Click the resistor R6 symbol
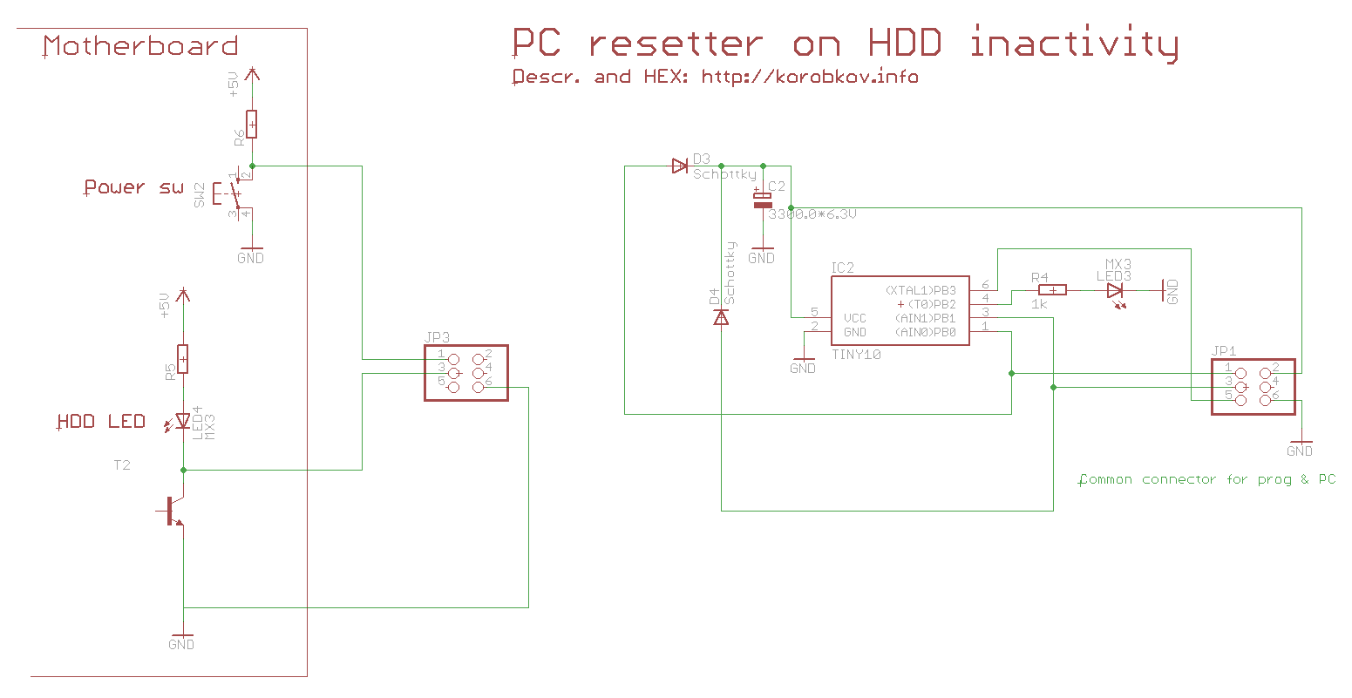click(x=252, y=125)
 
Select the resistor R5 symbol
click(x=182, y=358)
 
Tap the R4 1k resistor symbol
click(x=1052, y=290)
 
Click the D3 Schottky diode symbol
click(x=680, y=166)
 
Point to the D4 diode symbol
click(x=721, y=317)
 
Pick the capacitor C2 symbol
click(x=763, y=200)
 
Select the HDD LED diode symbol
click(x=182, y=422)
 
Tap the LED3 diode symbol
click(x=1115, y=290)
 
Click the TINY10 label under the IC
click(x=856, y=355)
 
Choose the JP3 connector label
click(x=438, y=337)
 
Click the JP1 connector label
click(x=1224, y=351)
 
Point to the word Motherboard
click(x=140, y=46)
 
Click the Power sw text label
click(x=133, y=187)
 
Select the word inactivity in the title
click(x=1074, y=44)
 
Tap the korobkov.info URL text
click(x=810, y=77)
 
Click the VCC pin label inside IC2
click(x=855, y=318)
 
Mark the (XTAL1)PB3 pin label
click(x=921, y=290)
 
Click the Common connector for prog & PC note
click(x=1207, y=479)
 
